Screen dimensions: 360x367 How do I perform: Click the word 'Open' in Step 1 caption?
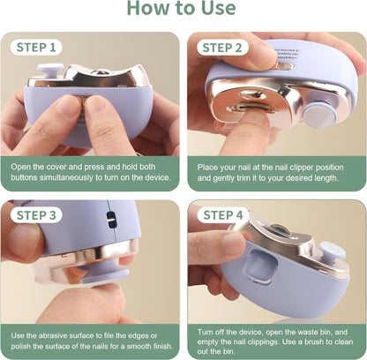click(24, 165)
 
